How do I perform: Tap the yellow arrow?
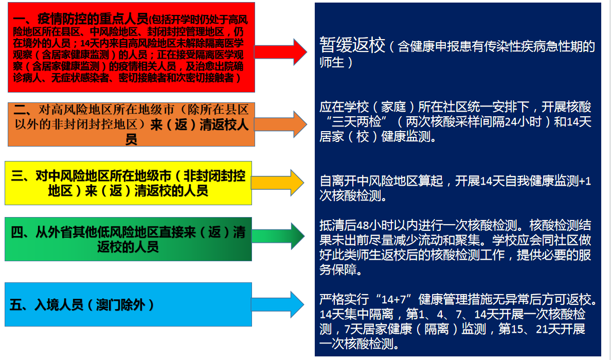[x=277, y=183]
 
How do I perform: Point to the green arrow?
[x=278, y=236]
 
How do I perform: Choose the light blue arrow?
[x=277, y=304]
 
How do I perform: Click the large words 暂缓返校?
[x=352, y=45]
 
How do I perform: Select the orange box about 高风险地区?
[x=131, y=124]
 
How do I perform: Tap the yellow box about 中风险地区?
[x=128, y=183]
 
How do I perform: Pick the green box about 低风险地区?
[x=128, y=239]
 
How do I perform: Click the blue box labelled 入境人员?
[x=128, y=304]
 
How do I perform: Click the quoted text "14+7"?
[x=394, y=299]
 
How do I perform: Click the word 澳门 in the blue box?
[x=108, y=304]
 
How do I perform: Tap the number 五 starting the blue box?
[x=15, y=304]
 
